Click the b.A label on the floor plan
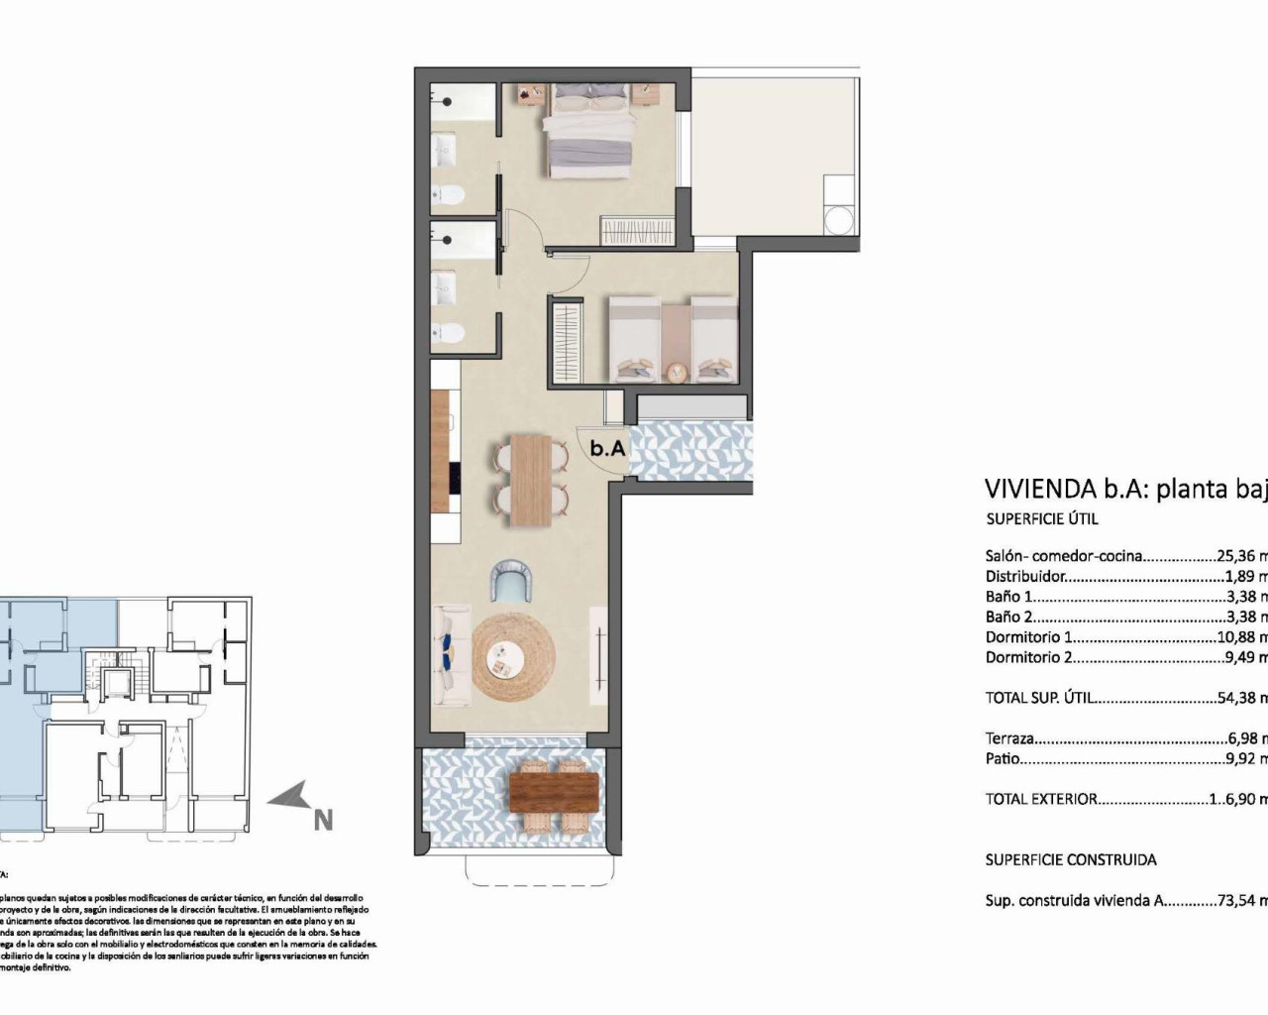(607, 448)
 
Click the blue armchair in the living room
(513, 581)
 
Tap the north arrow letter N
(323, 820)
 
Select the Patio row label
(1003, 759)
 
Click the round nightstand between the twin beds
(676, 373)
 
